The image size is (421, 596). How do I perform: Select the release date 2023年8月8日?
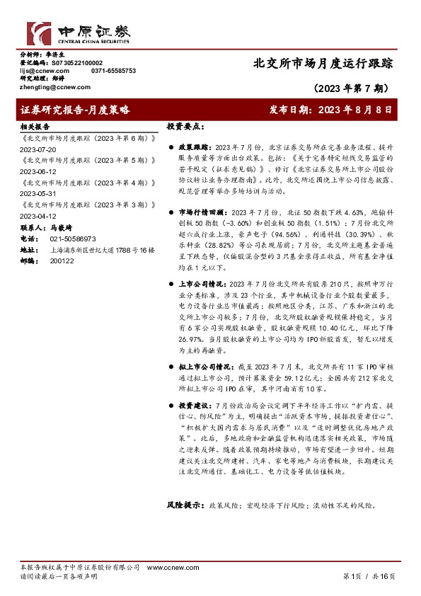tap(330, 110)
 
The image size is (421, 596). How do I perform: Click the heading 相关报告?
tap(33, 125)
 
